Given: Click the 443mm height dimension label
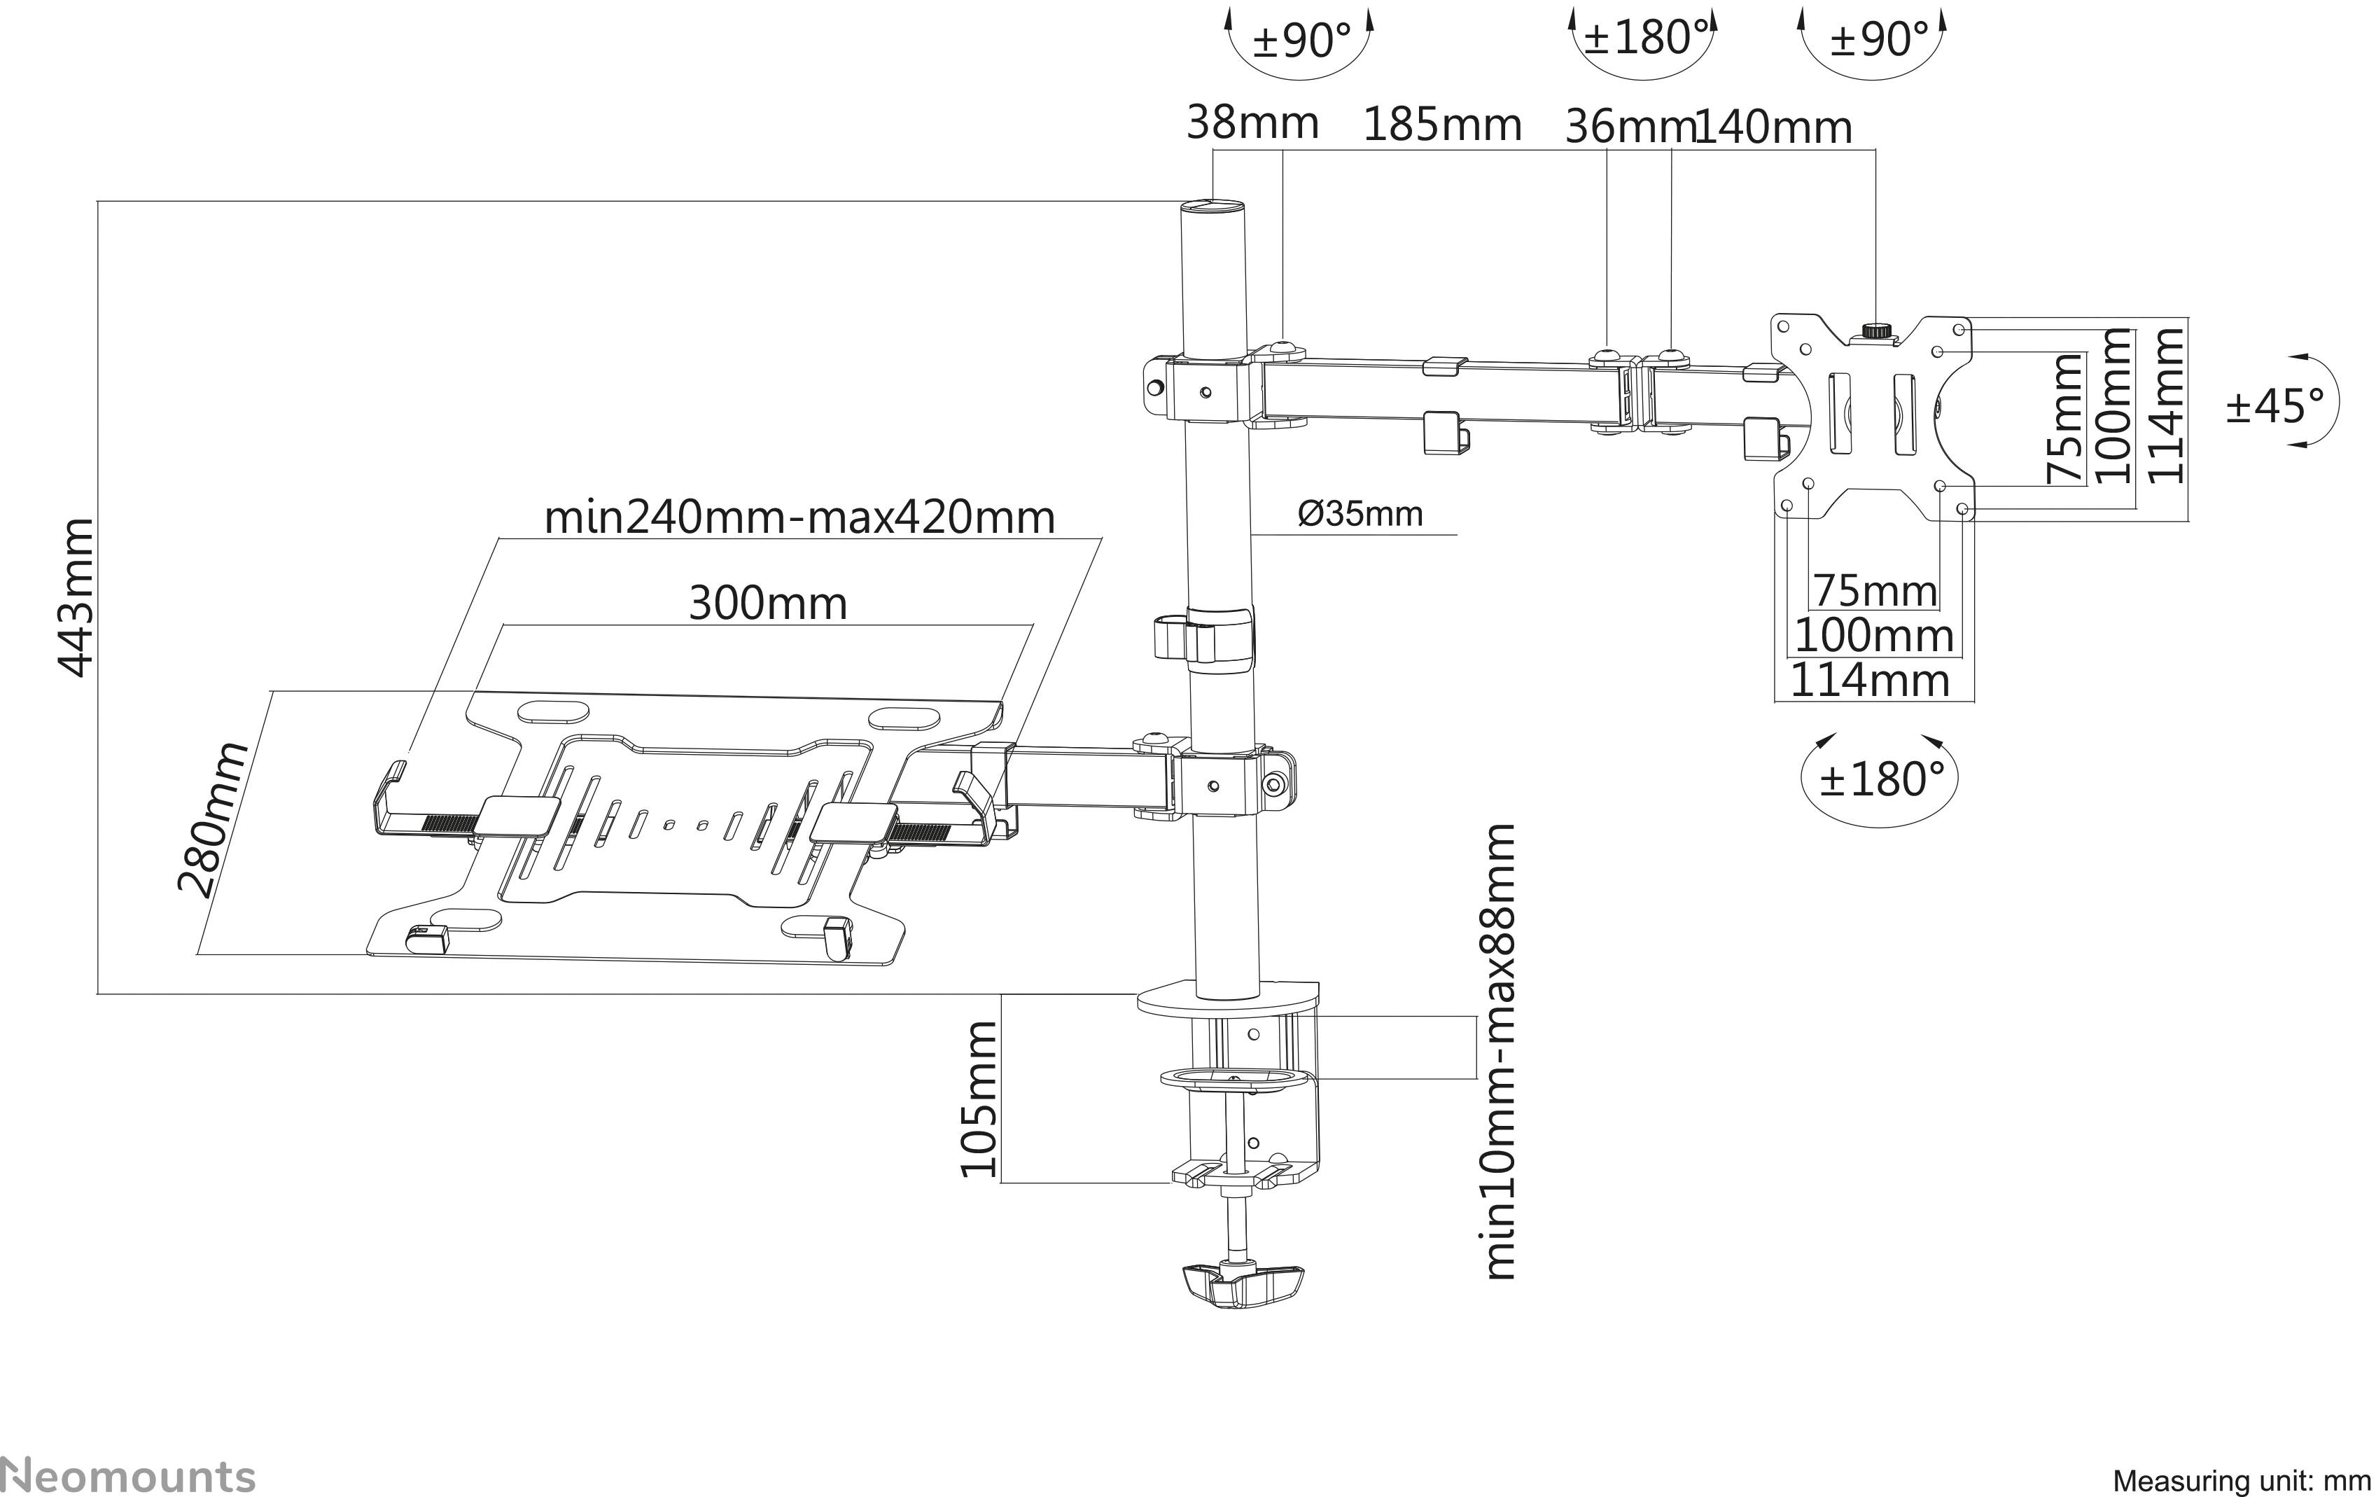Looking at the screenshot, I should [x=77, y=597].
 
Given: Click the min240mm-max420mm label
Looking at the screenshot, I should [x=799, y=517].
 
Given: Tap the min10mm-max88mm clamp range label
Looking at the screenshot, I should [x=1499, y=1052].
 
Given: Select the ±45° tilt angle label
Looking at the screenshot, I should [x=2275, y=405].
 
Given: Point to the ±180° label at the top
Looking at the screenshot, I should [x=1643, y=38].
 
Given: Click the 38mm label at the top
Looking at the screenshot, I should [x=1251, y=123].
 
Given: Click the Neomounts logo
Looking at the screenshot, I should [x=128, y=1476].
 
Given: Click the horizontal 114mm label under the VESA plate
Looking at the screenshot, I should [x=1870, y=681].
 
